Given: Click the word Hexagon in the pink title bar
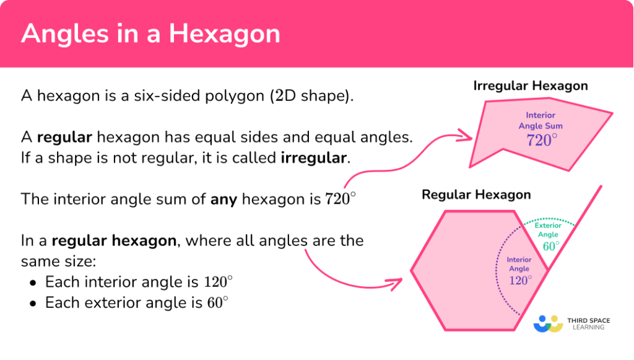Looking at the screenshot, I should tap(235, 33).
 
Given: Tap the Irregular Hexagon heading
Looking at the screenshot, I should tap(531, 86).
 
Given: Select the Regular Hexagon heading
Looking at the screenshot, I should tap(476, 195).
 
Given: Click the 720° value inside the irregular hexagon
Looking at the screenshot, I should tap(539, 140).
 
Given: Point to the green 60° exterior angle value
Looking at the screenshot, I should tap(551, 246).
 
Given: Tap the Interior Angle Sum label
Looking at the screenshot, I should tap(541, 121).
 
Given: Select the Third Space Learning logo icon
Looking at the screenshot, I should tap(547, 323).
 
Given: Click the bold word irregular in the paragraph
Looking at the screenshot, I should tap(313, 157).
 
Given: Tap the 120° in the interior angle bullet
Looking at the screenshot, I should tap(219, 282).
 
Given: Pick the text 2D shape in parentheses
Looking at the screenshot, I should tap(320, 97).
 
